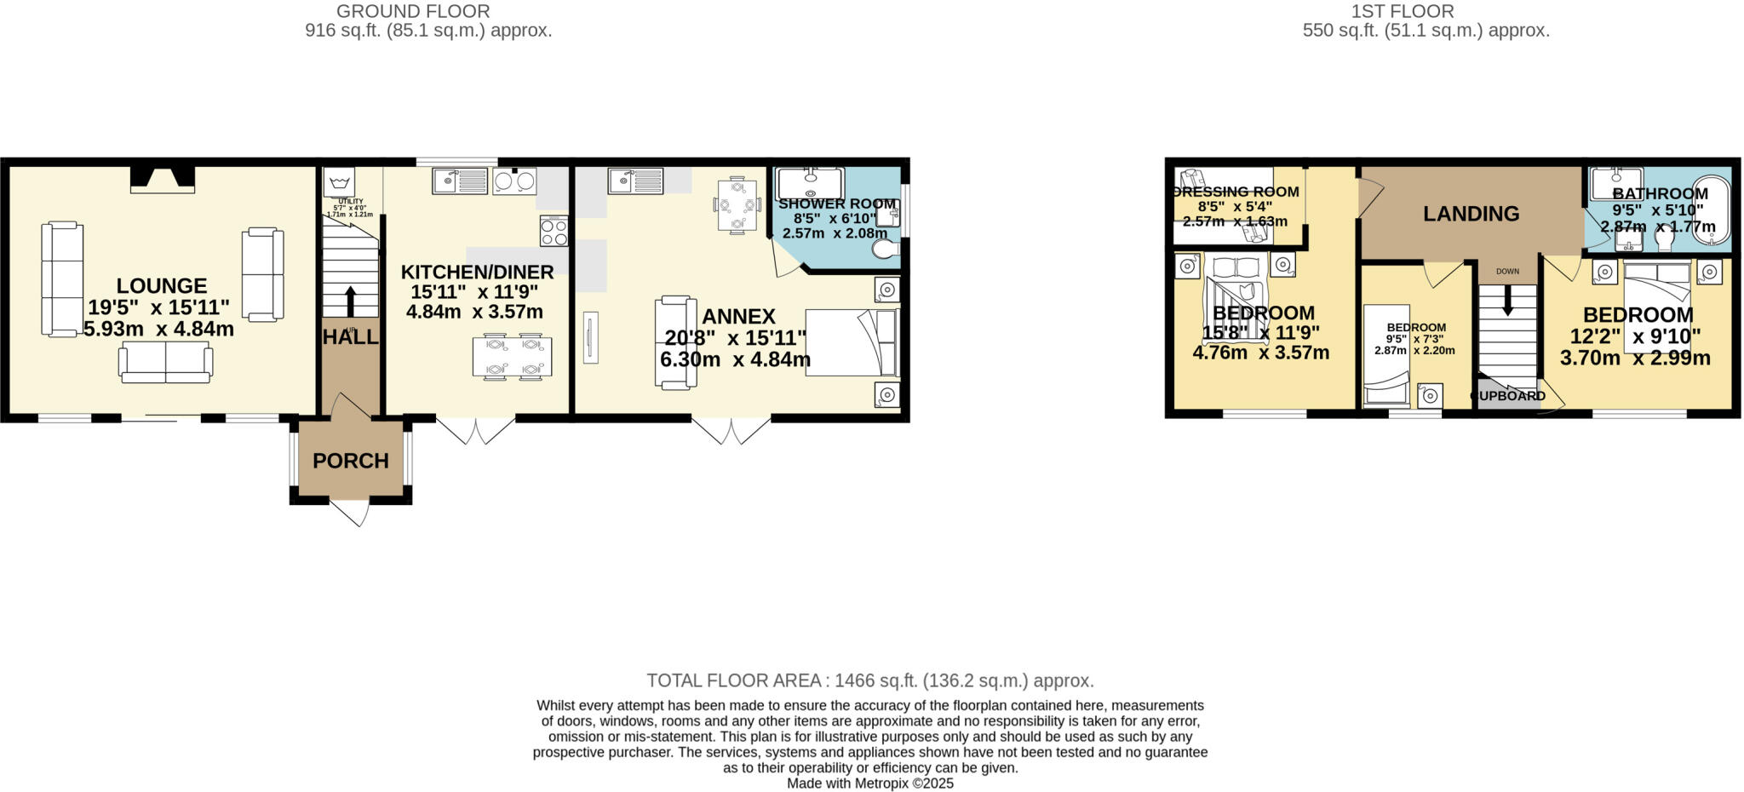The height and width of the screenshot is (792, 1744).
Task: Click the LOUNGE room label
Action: pos(162,286)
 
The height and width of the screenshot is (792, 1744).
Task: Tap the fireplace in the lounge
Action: pos(162,179)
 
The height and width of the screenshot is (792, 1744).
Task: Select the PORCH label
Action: pos(350,461)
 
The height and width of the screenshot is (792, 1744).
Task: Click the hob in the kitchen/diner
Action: pos(553,230)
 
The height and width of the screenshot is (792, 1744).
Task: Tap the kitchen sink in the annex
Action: pos(636,181)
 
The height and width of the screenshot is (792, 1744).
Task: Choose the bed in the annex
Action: pos(852,342)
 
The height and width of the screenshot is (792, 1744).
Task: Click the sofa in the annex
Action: pos(674,342)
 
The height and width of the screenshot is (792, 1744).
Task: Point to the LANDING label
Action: pos(1471,214)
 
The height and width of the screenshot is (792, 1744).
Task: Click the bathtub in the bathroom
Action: pos(1711,209)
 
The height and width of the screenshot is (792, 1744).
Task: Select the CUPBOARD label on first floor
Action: pos(1508,396)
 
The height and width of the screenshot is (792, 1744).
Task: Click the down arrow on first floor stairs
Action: pos(1507,300)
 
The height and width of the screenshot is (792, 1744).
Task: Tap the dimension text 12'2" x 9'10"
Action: pos(1635,336)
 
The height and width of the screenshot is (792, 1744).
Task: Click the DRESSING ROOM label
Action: pos(1236,192)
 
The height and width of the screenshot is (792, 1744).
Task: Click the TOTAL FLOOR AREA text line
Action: pos(869,680)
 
